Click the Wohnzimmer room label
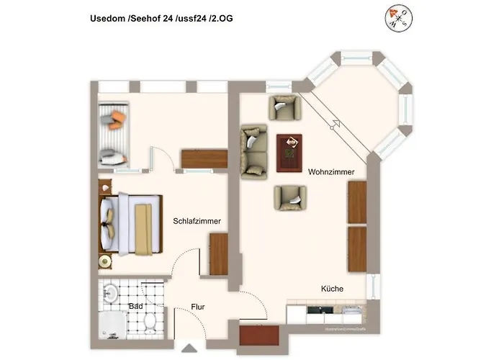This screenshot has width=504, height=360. click(330, 173)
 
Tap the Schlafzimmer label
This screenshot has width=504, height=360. click(197, 221)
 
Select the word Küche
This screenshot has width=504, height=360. click(332, 289)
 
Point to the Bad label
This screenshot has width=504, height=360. click(135, 306)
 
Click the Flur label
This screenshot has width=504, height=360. click(198, 307)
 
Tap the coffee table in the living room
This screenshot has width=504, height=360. click(289, 154)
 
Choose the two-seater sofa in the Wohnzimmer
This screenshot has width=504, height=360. click(253, 151)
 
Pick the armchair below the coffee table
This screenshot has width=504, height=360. click(289, 197)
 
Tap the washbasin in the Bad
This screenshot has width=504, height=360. click(110, 293)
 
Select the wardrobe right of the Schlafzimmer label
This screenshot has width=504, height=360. click(218, 254)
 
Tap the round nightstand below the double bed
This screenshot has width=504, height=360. click(106, 261)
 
